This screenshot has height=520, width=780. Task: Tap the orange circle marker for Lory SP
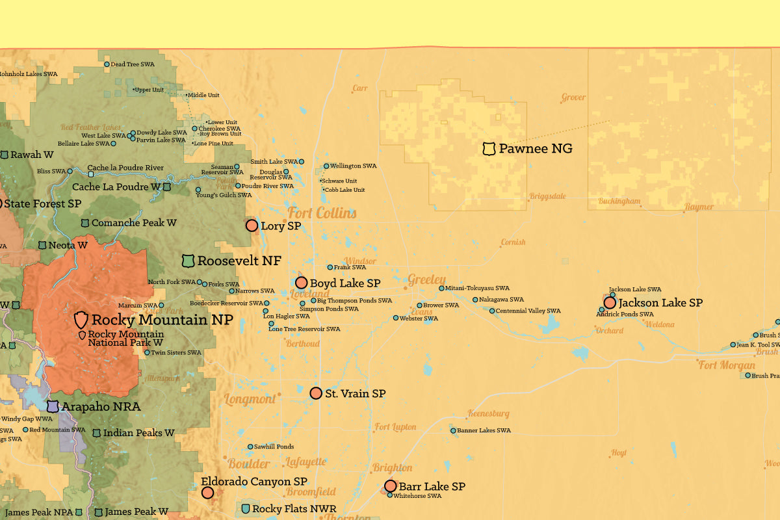[252, 226]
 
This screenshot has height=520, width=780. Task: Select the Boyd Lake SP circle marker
[302, 283]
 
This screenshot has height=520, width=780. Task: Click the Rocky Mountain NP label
[162, 319]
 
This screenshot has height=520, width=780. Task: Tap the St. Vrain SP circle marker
[316, 393]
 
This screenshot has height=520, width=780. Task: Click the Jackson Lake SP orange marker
[610, 302]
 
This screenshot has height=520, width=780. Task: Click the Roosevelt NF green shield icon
[188, 261]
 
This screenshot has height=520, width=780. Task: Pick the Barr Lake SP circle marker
[391, 486]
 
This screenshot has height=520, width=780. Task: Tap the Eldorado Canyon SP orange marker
[207, 493]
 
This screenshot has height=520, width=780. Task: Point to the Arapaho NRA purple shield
[53, 407]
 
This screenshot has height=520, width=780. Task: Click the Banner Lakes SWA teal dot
[453, 430]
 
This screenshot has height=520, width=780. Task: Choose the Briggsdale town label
[548, 196]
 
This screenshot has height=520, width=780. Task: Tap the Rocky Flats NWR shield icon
[246, 508]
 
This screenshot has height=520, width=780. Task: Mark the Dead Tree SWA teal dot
[107, 64]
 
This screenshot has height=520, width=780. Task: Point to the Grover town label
[573, 97]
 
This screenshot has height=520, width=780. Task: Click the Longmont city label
[250, 399]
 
